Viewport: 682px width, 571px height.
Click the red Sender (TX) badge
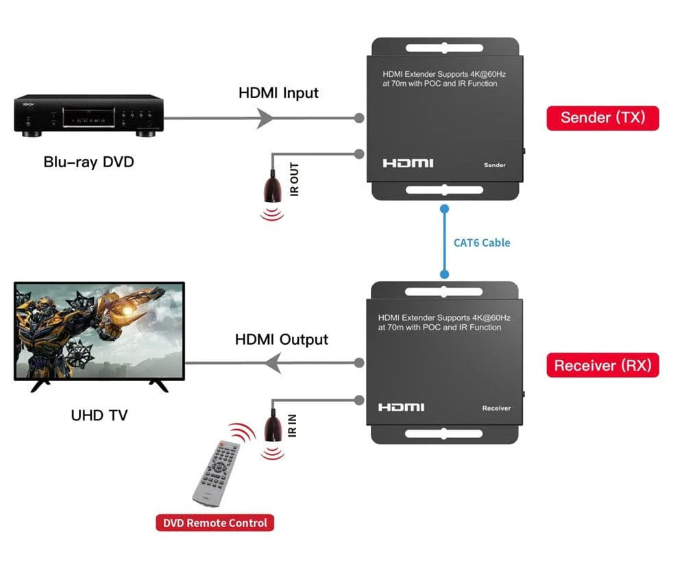[602, 117]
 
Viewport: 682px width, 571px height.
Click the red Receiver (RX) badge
[602, 365]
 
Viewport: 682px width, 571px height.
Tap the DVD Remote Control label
[215, 523]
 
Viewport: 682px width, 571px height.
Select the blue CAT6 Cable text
[482, 243]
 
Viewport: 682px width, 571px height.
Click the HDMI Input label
[278, 93]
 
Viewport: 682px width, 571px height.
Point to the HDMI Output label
[281, 339]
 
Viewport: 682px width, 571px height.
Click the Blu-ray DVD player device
[89, 116]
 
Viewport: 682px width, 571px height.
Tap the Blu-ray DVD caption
[89, 162]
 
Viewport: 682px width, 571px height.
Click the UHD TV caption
[99, 415]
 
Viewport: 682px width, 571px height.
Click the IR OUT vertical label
[295, 180]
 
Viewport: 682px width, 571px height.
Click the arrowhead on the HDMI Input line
[265, 119]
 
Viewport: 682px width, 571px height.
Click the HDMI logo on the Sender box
[408, 163]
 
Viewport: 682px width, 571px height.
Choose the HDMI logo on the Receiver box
[402, 408]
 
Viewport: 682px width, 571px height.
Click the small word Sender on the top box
[494, 165]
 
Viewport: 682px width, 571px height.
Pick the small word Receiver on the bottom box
[496, 409]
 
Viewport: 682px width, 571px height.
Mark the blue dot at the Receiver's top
[444, 274]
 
